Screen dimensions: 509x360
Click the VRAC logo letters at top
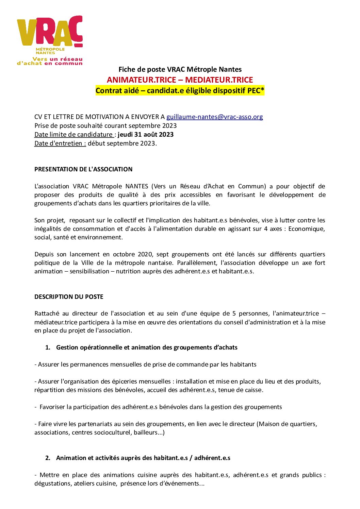(49, 31)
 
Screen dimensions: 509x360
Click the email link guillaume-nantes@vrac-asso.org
(214, 117)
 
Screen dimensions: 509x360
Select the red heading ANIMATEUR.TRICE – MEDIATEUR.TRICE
(180, 80)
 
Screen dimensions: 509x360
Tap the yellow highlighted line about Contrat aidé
(180, 90)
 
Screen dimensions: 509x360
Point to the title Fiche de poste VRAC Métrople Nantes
(180, 69)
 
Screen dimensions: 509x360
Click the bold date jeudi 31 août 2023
(146, 134)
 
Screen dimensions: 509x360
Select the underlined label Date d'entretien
(60, 143)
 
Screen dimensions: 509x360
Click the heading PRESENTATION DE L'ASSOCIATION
(83, 169)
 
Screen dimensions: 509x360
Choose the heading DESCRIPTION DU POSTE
(69, 296)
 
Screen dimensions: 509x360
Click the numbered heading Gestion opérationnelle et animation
(146, 347)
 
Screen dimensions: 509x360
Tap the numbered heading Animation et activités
(143, 458)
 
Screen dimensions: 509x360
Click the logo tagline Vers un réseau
(57, 59)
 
